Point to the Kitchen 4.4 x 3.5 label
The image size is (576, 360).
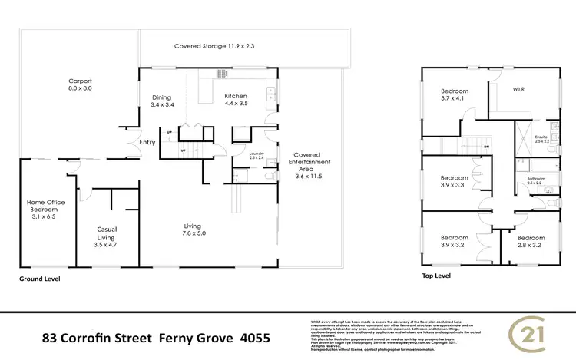point(235,101)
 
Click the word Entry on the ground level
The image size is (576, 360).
point(147,143)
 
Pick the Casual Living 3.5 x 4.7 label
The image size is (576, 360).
point(106,233)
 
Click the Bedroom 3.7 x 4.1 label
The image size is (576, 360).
point(454,94)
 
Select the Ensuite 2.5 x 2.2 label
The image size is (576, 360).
point(542,140)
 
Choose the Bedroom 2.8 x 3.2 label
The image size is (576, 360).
point(530,243)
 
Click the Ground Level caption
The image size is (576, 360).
point(39,279)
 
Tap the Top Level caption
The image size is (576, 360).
point(436,275)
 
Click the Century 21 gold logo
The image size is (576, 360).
point(530,335)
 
